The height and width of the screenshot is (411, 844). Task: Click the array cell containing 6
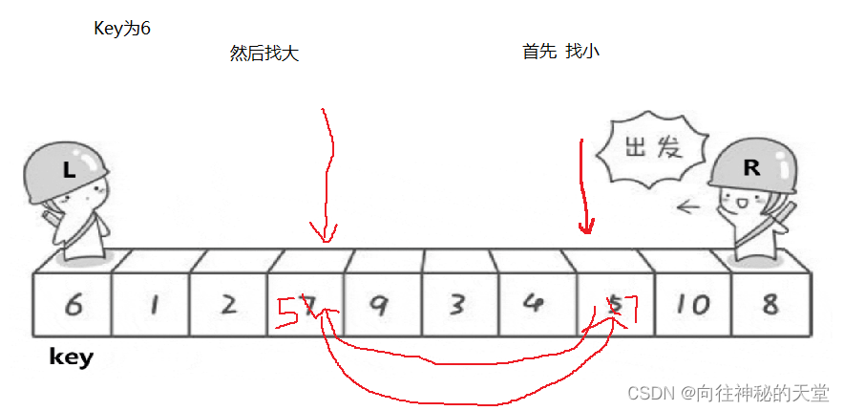72,304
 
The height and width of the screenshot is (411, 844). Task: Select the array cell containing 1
151,304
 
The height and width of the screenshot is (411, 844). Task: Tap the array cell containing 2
228,304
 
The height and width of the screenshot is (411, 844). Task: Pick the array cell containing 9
379,304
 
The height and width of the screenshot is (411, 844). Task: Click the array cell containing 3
456,304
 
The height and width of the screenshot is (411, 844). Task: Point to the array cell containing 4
534,304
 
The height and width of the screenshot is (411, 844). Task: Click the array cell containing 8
770,304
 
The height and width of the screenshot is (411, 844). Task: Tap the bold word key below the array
72,357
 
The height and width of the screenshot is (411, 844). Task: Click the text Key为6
121,29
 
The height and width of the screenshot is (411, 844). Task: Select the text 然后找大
264,53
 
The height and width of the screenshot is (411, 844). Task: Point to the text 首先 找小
560,52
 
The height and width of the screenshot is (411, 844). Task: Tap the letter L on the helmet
68,171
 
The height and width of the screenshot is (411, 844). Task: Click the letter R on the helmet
751,167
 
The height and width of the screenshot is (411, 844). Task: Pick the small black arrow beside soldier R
686,205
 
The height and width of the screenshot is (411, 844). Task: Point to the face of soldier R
740,205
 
